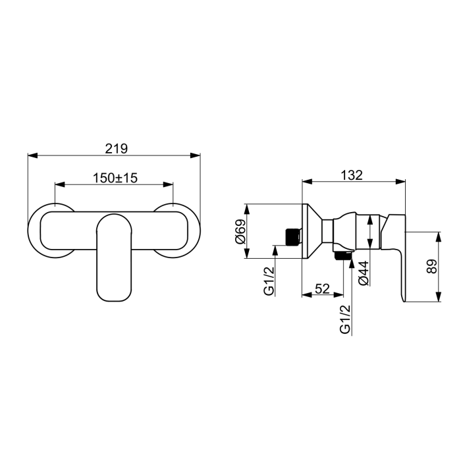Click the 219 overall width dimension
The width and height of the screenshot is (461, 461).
(117, 149)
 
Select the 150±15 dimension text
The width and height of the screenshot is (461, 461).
(115, 178)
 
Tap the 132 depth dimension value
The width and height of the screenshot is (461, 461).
(352, 175)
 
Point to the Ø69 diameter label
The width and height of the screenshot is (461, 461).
(240, 231)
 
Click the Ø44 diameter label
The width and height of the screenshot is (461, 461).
(364, 273)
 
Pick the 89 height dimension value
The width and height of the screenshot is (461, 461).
(432, 266)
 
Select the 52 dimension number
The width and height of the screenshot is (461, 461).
(322, 288)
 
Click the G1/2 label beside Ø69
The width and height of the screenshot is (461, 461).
(269, 281)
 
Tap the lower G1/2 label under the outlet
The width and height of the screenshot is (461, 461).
(345, 319)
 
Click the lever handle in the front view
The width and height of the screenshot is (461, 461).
(114, 258)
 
